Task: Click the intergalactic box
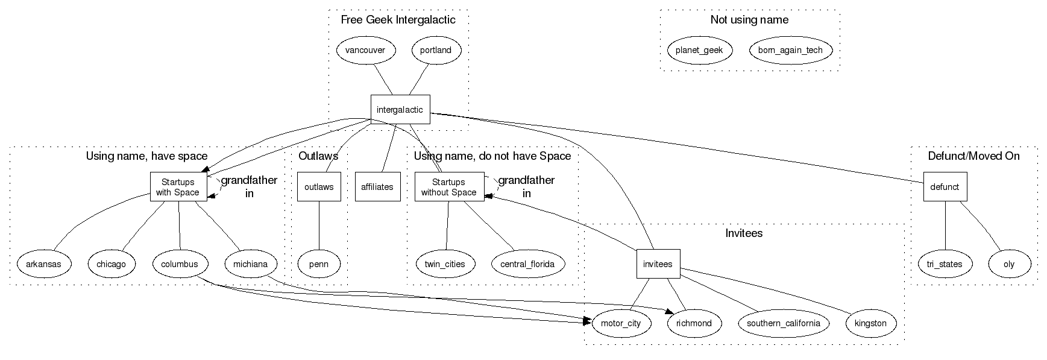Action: click(400, 110)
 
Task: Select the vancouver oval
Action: click(365, 50)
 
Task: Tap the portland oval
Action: click(436, 50)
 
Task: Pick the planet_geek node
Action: click(699, 50)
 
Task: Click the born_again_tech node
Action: click(790, 50)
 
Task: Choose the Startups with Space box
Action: click(178, 187)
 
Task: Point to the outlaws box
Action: click(319, 187)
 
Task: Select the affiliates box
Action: click(377, 187)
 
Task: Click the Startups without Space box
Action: click(449, 187)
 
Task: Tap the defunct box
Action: click(945, 187)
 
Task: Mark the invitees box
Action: click(658, 264)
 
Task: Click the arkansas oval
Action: click(43, 264)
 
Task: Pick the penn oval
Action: click(319, 264)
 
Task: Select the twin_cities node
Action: click(445, 264)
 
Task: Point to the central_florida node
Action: click(528, 264)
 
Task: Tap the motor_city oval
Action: click(621, 323)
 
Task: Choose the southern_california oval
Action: click(783, 323)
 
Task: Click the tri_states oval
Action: click(945, 264)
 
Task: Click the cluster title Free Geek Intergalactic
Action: click(398, 20)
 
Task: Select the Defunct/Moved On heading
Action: click(973, 156)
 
